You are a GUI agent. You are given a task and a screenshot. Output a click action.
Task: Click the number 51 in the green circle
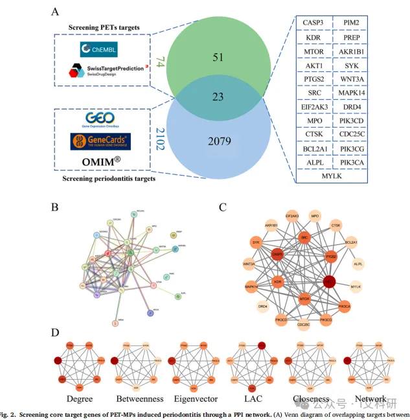pos(218,56)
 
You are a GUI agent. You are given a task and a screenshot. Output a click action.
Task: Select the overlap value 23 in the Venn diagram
pos(218,97)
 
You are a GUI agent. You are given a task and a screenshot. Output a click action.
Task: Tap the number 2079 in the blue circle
pos(218,140)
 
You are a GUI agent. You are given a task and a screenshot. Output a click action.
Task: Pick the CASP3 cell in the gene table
pos(315,23)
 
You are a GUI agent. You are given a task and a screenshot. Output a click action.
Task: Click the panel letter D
pos(56,332)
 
